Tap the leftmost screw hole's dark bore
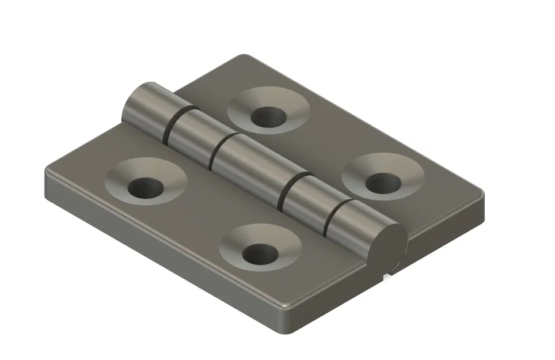coord(145,187)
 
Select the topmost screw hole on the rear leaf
coord(268,117)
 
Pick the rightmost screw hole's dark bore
coord(383,183)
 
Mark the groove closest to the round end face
coord(334,218)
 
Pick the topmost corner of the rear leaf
coord(245,58)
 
